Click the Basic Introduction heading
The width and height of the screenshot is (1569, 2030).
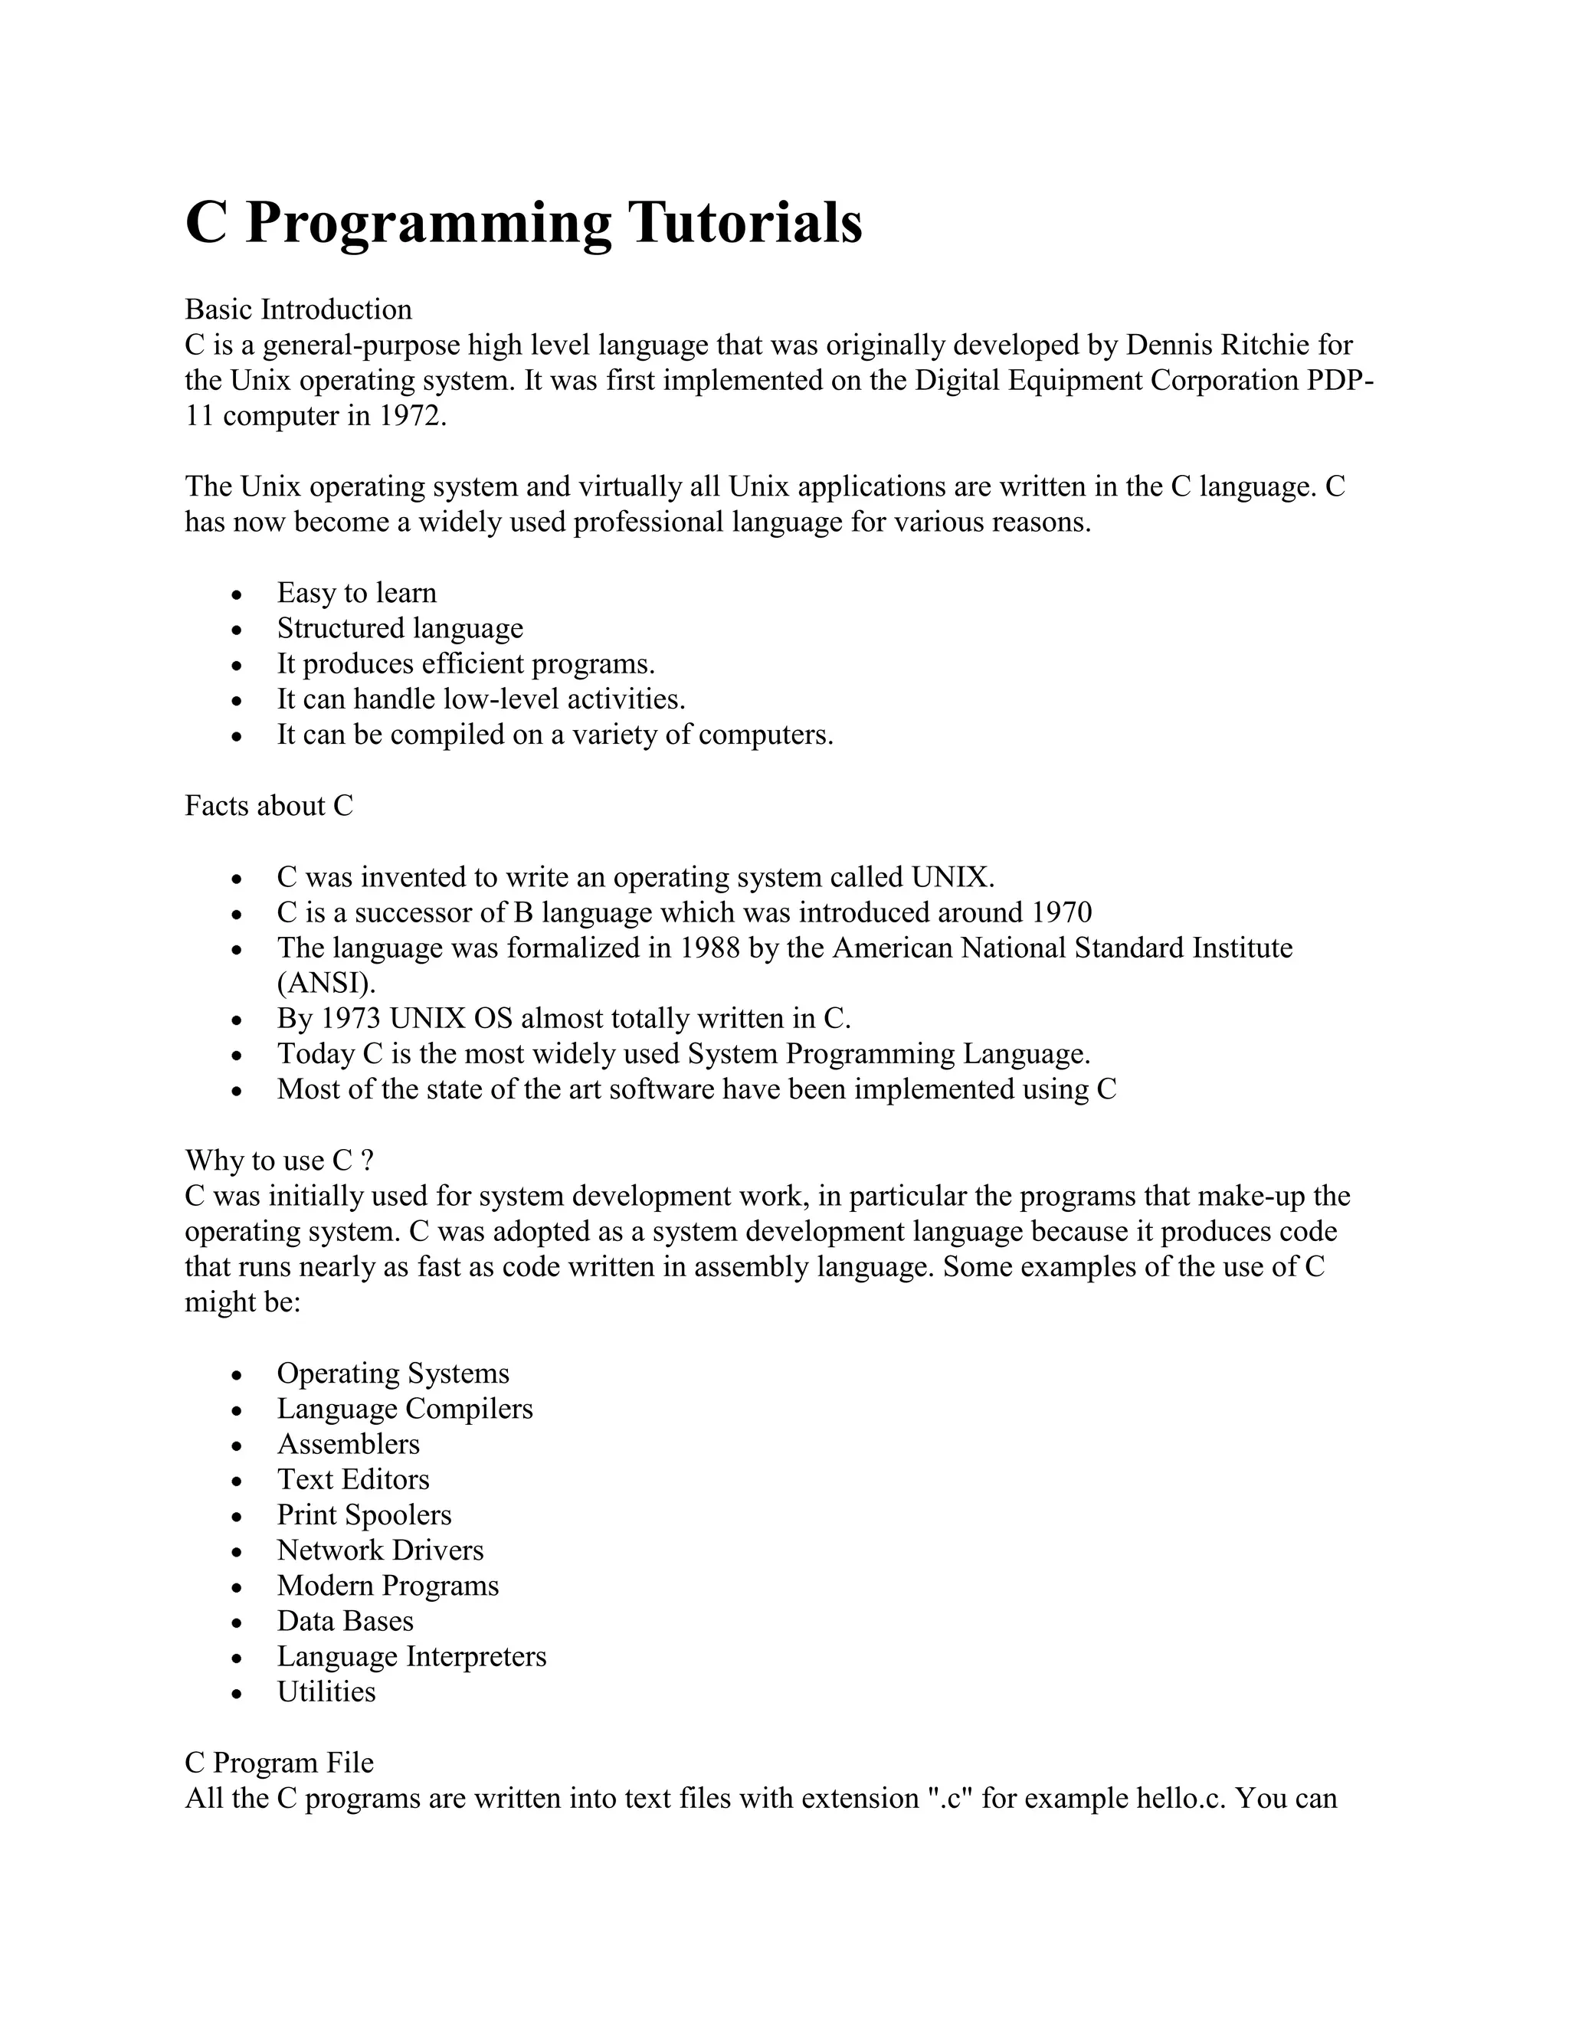point(297,309)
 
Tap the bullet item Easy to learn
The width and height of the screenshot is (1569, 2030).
point(356,593)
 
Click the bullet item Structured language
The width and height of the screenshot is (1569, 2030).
point(400,628)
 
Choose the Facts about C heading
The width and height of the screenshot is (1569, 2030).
point(269,806)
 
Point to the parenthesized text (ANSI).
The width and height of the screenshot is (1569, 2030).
point(326,984)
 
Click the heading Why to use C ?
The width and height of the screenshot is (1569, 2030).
point(279,1161)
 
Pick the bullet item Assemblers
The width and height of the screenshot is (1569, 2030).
point(348,1445)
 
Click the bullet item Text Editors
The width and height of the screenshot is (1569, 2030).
point(353,1480)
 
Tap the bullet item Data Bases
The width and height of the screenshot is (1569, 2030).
point(345,1621)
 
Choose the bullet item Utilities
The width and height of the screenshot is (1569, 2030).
point(326,1691)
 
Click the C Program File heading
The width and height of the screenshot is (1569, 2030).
point(279,1763)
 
